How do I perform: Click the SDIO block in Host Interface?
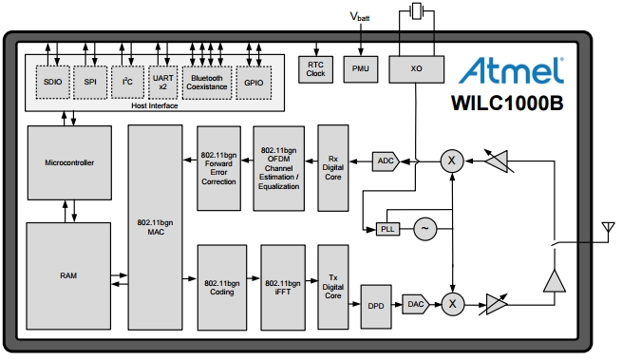52,82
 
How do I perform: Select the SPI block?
90,82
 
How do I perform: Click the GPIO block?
253,82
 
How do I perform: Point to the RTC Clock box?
316,68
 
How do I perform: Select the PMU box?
361,69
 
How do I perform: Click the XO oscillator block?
415,69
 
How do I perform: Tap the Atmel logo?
512,70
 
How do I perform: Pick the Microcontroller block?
69,162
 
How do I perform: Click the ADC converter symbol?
386,161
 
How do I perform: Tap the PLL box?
387,229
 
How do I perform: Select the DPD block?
376,306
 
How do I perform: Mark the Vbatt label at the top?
360,17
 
